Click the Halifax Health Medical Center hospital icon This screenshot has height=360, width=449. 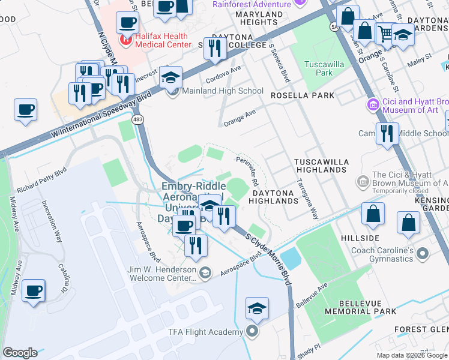(126, 41)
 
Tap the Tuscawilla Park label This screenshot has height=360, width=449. (319, 68)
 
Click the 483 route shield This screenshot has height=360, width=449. (139, 121)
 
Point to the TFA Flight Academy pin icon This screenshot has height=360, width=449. (253, 331)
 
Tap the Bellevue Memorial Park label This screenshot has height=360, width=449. (360, 307)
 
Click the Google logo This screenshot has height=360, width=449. (19, 353)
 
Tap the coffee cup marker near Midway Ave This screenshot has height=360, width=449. (33, 291)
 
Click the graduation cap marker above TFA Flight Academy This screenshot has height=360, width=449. (257, 308)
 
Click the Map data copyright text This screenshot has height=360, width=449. (411, 355)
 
